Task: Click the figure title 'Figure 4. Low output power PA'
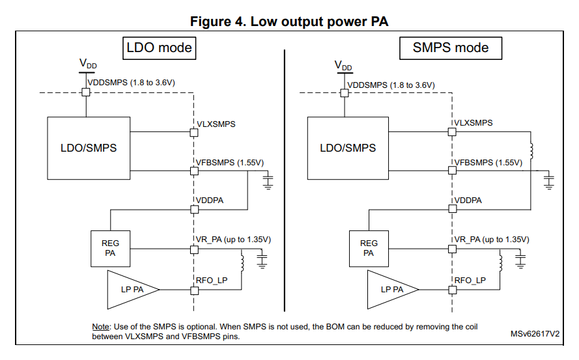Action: [x=289, y=21]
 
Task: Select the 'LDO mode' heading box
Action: [x=159, y=48]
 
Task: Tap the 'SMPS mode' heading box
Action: [x=451, y=48]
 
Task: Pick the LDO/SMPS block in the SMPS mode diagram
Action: [x=348, y=148]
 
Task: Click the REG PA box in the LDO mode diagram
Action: [x=110, y=248]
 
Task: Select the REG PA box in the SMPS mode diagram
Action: [x=369, y=248]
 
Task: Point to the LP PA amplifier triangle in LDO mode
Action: [x=131, y=288]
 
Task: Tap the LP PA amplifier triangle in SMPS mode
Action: [x=389, y=288]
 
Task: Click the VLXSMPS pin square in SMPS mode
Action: [x=452, y=132]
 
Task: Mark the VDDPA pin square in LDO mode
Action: [x=193, y=209]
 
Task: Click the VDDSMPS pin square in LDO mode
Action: [x=85, y=92]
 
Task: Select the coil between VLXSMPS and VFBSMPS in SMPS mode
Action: [x=531, y=151]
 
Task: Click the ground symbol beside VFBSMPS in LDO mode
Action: [x=267, y=180]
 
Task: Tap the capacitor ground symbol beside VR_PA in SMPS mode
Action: [x=520, y=260]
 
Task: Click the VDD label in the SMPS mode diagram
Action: [x=343, y=65]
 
